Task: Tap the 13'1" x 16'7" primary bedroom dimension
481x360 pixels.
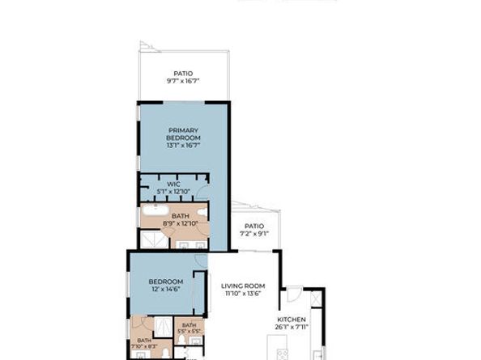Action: [x=184, y=146]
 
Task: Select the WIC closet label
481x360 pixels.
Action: [x=173, y=184]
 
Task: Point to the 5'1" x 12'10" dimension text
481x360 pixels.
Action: [x=173, y=192]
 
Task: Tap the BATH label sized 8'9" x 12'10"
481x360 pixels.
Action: [x=180, y=216]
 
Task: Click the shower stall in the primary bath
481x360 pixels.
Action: [x=152, y=239]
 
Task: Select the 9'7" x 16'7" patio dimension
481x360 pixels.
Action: [x=184, y=81]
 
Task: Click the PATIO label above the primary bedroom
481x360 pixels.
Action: [x=184, y=74]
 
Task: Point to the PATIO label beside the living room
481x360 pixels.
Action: [x=254, y=227]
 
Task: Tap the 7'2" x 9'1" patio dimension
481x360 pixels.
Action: [x=254, y=234]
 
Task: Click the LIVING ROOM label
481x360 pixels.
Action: [x=244, y=286]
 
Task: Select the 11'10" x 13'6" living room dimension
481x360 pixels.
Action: [x=244, y=294]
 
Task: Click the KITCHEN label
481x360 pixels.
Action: [x=293, y=320]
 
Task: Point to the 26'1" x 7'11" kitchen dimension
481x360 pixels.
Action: [x=293, y=327]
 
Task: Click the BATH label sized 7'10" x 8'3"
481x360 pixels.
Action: [x=143, y=341]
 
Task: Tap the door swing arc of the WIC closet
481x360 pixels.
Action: [x=202, y=193]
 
